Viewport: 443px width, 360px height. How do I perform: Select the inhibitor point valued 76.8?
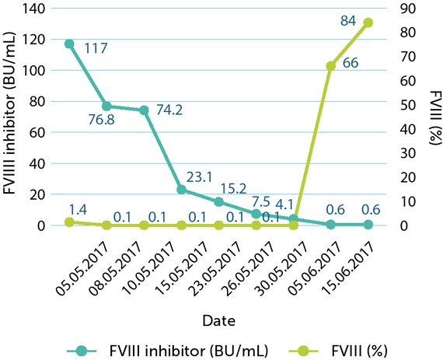coord(106,106)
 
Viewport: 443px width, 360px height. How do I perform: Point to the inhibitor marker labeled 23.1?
coord(181,189)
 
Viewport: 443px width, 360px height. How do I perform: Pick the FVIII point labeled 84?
coord(368,23)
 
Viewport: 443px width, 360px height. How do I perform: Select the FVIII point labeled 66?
coord(330,66)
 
